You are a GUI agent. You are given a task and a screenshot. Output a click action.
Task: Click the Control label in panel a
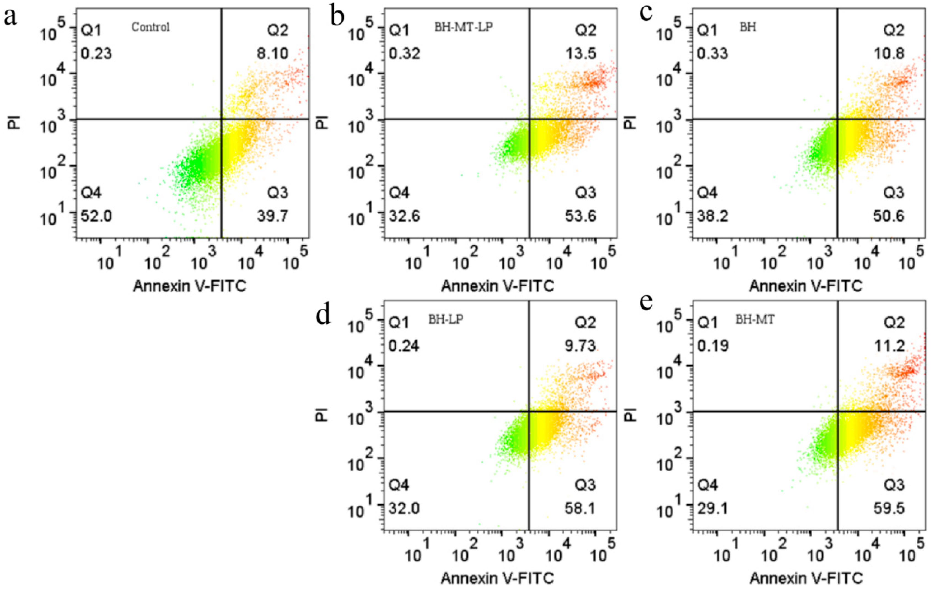[150, 27]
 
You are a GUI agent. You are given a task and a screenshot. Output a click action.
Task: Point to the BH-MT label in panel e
[755, 320]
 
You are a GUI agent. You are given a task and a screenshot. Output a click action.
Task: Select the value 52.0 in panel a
[96, 216]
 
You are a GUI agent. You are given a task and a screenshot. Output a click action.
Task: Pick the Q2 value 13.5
[581, 53]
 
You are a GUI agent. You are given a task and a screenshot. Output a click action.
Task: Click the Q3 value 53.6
[580, 216]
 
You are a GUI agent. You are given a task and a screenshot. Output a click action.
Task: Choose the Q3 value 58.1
[580, 508]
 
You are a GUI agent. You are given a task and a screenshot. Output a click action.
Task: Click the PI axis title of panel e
[631, 414]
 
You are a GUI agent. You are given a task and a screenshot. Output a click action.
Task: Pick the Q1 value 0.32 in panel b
[405, 53]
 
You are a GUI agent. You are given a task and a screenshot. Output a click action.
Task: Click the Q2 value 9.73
[580, 346]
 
